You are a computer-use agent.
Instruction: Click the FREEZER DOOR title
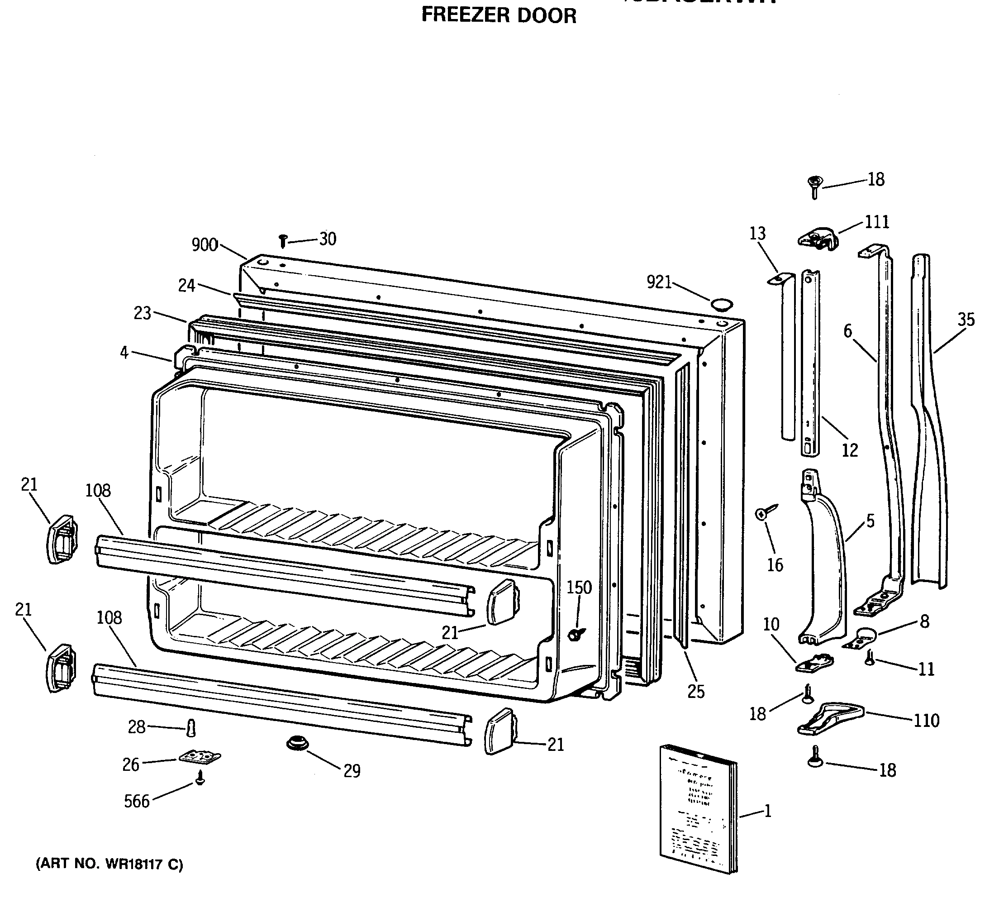(499, 16)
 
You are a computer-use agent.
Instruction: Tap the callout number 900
(205, 245)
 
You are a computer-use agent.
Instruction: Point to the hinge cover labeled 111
(818, 239)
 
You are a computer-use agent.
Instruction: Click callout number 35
(966, 320)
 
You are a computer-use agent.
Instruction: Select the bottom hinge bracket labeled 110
(831, 720)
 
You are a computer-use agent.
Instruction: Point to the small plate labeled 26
(200, 756)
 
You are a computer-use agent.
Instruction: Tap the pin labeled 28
(192, 727)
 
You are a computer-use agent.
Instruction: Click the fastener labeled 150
(575, 634)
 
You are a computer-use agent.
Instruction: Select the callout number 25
(696, 692)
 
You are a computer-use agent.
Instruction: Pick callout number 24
(186, 285)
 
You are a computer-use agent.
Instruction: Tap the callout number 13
(757, 233)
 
